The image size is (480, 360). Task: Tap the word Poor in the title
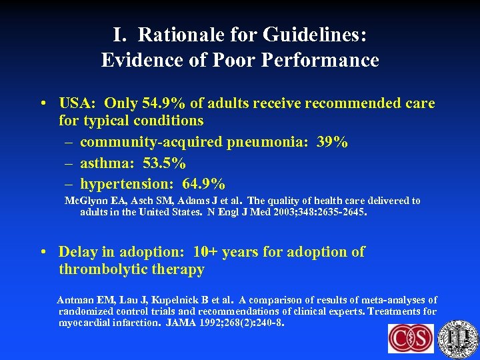click(229, 60)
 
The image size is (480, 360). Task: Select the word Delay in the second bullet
click(77, 252)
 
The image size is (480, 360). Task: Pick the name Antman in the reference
click(75, 300)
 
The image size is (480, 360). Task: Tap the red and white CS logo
click(411, 338)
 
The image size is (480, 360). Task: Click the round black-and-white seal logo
click(460, 338)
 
